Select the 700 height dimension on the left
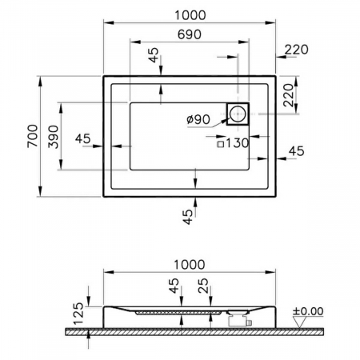pyautogui.click(x=31, y=137)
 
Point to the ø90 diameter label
pyautogui.click(x=198, y=119)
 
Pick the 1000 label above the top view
pyautogui.click(x=189, y=15)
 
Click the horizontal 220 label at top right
pyautogui.click(x=295, y=50)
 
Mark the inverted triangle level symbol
pyautogui.click(x=301, y=322)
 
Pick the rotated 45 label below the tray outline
pyautogui.click(x=186, y=216)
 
